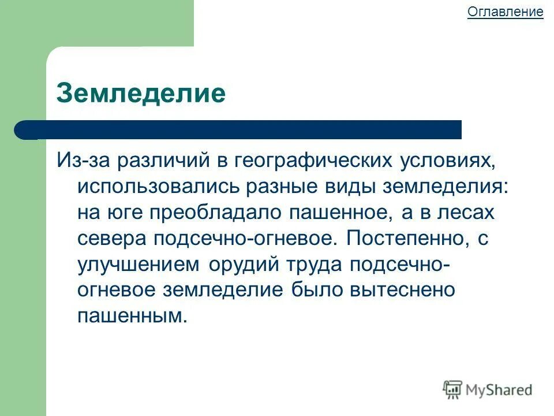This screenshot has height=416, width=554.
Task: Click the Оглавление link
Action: coord(505,12)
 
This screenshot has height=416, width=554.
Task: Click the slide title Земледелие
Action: coord(141,92)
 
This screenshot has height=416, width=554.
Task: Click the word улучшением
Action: coord(139,264)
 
